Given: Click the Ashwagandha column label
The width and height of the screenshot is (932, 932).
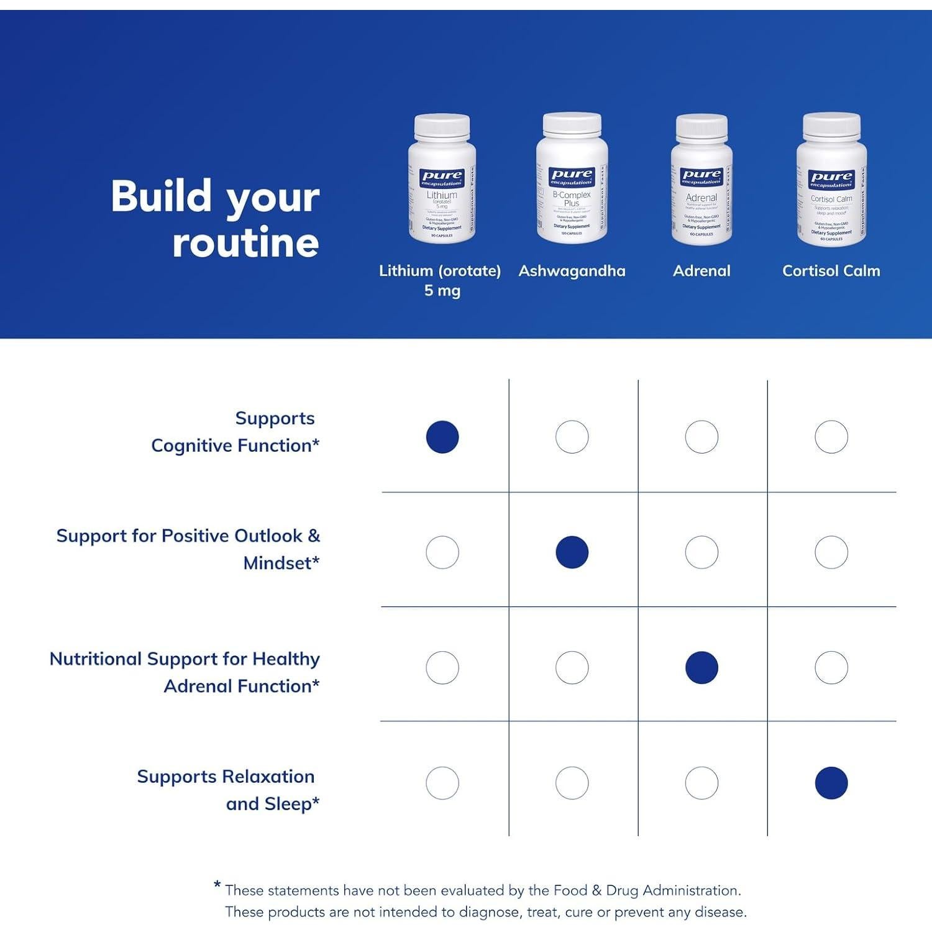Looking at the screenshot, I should tap(572, 271).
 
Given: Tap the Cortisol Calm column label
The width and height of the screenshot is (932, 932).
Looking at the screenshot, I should tap(831, 271).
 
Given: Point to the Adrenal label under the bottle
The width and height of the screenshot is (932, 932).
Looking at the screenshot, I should tap(701, 271).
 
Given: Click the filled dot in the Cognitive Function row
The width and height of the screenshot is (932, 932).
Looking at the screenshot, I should tap(442, 437).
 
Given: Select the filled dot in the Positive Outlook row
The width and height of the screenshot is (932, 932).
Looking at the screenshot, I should tap(572, 552).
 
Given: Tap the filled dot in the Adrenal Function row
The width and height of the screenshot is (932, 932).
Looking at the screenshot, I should tap(701, 667).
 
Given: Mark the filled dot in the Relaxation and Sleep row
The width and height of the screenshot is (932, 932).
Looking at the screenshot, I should tap(831, 783).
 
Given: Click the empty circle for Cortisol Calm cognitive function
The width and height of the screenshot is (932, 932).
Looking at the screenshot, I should tap(831, 437).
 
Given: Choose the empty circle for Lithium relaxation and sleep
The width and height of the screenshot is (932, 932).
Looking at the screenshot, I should tap(442, 783).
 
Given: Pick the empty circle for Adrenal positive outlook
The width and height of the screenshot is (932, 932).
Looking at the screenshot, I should tap(701, 552).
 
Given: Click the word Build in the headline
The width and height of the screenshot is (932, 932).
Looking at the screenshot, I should tap(162, 196).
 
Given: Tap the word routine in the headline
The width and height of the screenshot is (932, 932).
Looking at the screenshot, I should tap(245, 242).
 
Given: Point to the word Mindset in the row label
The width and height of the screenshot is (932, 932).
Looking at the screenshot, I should tap(277, 563).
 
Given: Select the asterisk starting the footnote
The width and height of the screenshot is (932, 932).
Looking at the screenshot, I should tap(217, 885).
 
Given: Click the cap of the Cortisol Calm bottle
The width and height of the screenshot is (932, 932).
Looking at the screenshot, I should tap(831, 126).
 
